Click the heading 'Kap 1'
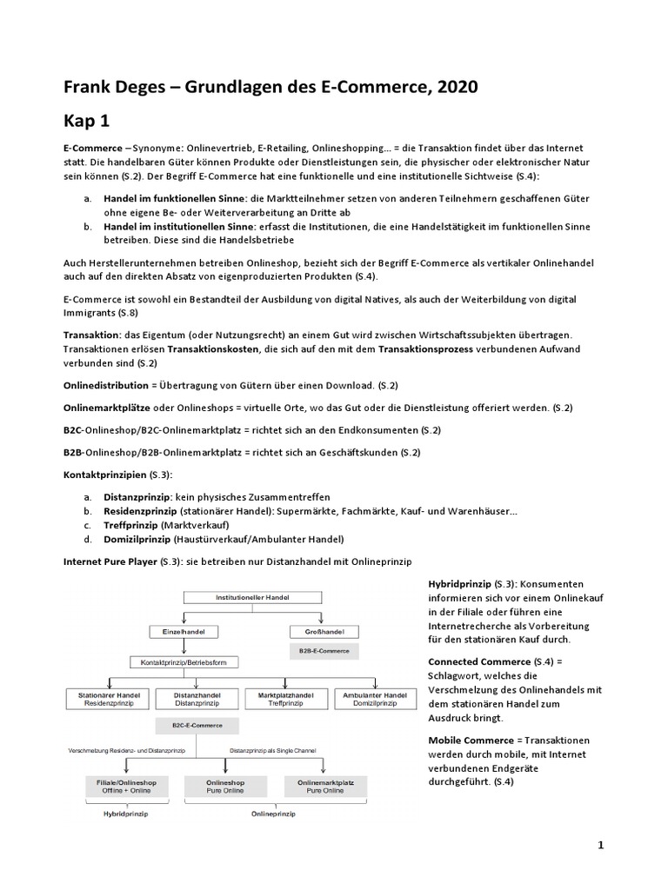[92, 119]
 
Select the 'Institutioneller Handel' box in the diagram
[252, 597]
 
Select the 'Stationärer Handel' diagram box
[109, 699]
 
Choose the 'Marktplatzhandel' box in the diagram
[285, 699]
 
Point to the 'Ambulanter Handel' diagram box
[375, 699]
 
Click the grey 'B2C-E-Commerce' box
[197, 724]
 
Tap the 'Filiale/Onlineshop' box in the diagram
[126, 787]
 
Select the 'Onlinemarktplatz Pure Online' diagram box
[322, 787]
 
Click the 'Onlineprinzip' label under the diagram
[273, 814]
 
